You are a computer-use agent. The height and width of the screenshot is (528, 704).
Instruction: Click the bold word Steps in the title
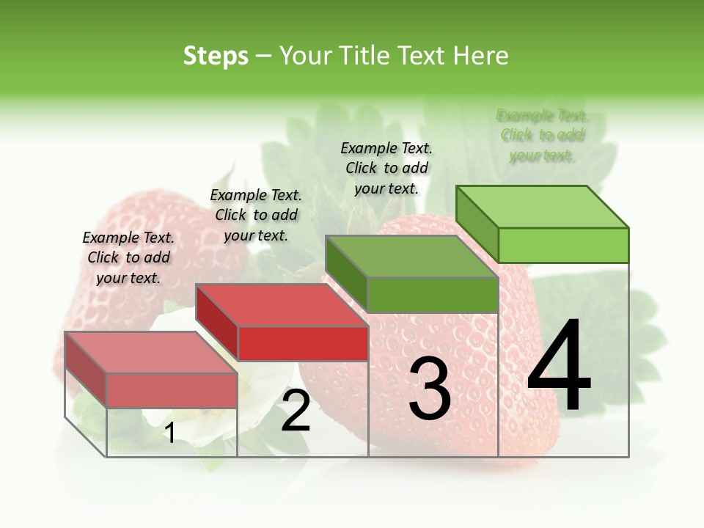(x=216, y=56)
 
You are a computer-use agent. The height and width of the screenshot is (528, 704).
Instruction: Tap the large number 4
(x=559, y=367)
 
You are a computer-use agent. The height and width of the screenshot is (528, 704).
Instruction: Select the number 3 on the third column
(x=430, y=389)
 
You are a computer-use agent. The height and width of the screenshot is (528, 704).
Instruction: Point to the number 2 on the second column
(x=296, y=411)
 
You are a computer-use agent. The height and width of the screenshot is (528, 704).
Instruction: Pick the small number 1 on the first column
(x=169, y=433)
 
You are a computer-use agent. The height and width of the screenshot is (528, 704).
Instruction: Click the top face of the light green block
(x=541, y=206)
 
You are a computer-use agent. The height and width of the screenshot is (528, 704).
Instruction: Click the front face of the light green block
(x=563, y=245)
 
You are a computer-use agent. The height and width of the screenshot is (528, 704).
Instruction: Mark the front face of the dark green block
(x=433, y=295)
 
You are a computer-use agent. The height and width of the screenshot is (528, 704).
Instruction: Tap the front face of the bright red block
(x=303, y=343)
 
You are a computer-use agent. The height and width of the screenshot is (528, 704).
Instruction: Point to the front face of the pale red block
(x=172, y=389)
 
